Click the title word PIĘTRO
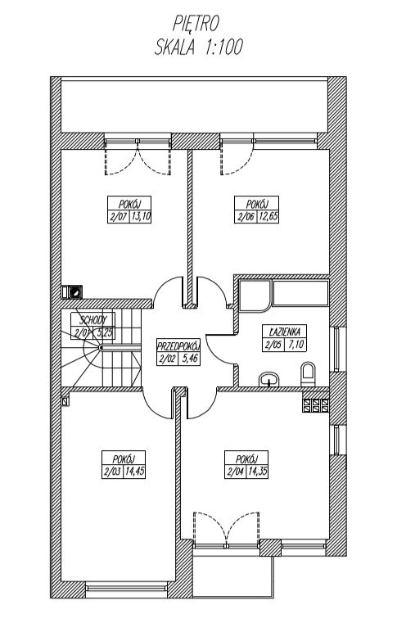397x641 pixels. pyautogui.click(x=196, y=24)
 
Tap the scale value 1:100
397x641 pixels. pyautogui.click(x=223, y=47)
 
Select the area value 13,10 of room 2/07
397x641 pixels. pyautogui.click(x=141, y=217)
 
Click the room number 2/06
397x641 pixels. pyautogui.click(x=246, y=217)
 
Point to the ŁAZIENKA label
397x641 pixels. pyautogui.click(x=284, y=331)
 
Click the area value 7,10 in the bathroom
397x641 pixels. pyautogui.click(x=295, y=345)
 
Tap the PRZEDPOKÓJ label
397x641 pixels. pyautogui.click(x=178, y=345)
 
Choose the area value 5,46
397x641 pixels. pyautogui.click(x=189, y=359)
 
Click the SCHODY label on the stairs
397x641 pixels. pyautogui.click(x=93, y=320)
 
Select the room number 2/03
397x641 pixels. pyautogui.click(x=112, y=472)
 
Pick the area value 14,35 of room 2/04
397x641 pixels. pyautogui.click(x=258, y=472)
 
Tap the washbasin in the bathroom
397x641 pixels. pyautogui.click(x=268, y=379)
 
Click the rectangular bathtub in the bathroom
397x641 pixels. pyautogui.click(x=301, y=293)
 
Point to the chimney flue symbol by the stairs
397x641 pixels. pyautogui.click(x=75, y=291)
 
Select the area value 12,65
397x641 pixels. pyautogui.click(x=268, y=217)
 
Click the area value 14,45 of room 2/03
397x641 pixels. pyautogui.click(x=134, y=472)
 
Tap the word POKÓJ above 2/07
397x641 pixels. pyautogui.click(x=129, y=204)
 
